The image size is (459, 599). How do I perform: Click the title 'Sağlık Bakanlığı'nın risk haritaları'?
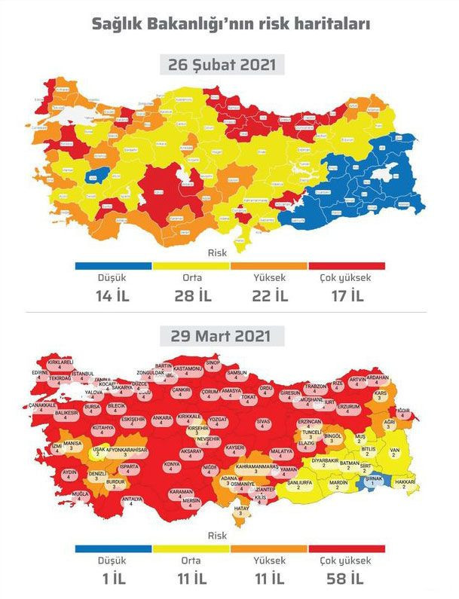tap(230, 24)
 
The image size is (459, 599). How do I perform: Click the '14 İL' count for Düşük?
tap(114, 295)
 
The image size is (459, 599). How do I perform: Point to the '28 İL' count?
tap(191, 295)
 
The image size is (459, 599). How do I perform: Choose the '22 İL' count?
tap(269, 295)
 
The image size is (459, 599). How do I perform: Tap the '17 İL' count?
tap(346, 295)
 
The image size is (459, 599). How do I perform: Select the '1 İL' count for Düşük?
tap(114, 579)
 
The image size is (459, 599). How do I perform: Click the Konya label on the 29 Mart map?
tap(172, 465)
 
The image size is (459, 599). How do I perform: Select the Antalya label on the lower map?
tap(133, 500)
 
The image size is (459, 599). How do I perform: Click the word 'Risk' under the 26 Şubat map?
tap(217, 253)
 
